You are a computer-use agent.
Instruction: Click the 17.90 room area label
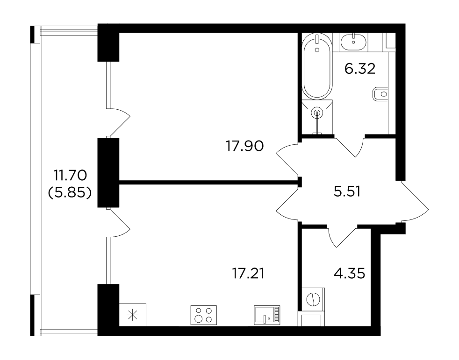245,146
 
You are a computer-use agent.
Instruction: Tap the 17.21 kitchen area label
248,274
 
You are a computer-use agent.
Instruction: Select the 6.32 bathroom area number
360,69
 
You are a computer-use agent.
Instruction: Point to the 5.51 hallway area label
347,191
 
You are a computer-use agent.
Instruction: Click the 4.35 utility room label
350,274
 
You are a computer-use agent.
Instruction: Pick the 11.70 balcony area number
70,176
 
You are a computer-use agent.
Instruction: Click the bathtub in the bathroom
317,66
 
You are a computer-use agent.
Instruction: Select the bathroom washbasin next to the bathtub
354,42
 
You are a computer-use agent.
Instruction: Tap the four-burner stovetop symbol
204,315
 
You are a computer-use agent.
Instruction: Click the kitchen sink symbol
267,315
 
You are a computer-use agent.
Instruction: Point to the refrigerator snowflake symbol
132,315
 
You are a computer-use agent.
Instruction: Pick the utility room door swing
343,236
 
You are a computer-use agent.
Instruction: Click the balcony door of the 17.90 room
119,122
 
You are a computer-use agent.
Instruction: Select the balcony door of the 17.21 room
119,223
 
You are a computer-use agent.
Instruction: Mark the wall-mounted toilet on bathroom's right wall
380,94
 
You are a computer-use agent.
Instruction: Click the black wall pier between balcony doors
108,173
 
